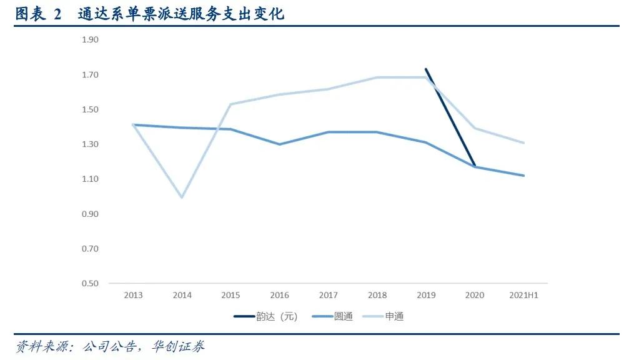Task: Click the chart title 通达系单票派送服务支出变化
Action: pyautogui.click(x=181, y=13)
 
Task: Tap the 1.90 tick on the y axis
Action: pyautogui.click(x=91, y=40)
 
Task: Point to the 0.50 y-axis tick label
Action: pyautogui.click(x=91, y=284)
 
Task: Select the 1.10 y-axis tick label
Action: pyautogui.click(x=91, y=179)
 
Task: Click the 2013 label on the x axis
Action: pyautogui.click(x=133, y=295)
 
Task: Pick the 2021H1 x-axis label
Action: pyautogui.click(x=523, y=295)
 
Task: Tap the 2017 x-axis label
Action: pyautogui.click(x=328, y=295)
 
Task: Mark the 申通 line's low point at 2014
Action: pyautogui.click(x=182, y=197)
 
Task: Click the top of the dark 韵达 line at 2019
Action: pyautogui.click(x=425, y=69)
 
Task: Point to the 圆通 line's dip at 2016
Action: pyautogui.click(x=279, y=144)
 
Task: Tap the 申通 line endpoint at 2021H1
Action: pyautogui.click(x=523, y=142)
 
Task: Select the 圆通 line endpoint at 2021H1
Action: pyautogui.click(x=523, y=176)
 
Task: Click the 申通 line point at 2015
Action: pyautogui.click(x=230, y=104)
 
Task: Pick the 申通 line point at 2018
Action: pyautogui.click(x=377, y=77)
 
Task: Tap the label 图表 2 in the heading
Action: pyautogui.click(x=39, y=13)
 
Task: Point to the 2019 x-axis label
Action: pyautogui.click(x=425, y=295)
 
